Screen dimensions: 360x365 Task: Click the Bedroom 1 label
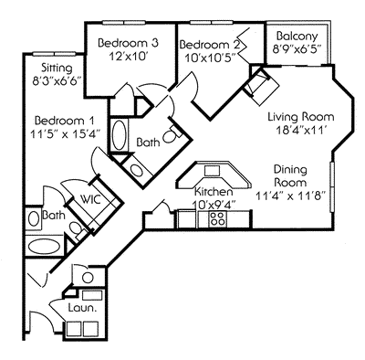coord(65,121)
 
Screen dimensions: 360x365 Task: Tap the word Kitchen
coord(215,192)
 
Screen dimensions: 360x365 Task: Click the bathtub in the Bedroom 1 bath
coord(42,248)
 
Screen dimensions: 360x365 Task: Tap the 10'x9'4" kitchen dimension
coord(217,205)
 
